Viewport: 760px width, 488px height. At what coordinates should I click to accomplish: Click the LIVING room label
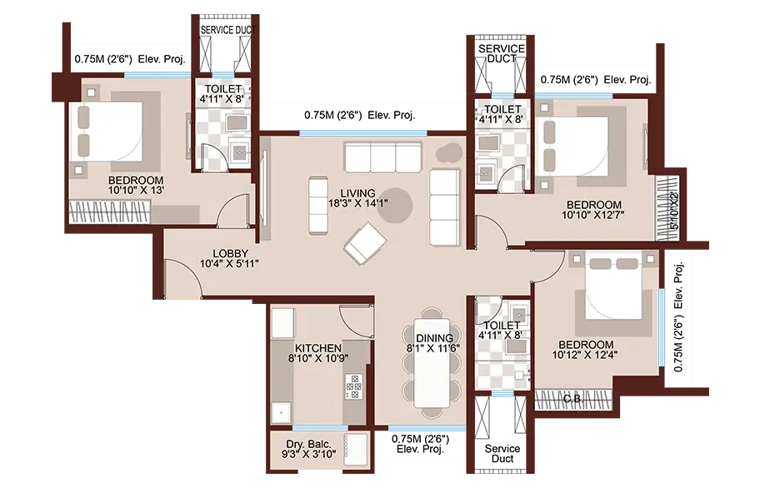coord(357,193)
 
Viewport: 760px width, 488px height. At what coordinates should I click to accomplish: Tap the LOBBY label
coord(231,253)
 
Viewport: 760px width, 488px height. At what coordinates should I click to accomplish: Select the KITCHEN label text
coord(318,348)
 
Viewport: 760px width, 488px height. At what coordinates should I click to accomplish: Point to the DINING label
coord(435,338)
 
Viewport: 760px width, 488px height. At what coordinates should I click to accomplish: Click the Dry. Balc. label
coord(308,445)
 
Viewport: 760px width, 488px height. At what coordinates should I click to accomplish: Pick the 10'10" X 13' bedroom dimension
coord(136,190)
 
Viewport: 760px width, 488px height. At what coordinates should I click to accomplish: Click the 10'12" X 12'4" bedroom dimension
coord(584,355)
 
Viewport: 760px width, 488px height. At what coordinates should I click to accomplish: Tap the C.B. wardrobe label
coord(572,400)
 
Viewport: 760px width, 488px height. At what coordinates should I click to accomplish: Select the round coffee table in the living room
coord(395,205)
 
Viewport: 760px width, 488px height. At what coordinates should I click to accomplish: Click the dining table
coord(432,363)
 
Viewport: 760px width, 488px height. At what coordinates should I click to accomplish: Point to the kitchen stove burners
coord(353,386)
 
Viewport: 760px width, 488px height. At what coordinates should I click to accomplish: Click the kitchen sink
coord(281,413)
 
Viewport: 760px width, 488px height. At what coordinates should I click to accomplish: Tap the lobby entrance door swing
coord(183,277)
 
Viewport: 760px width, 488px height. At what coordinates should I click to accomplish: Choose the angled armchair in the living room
coord(365,243)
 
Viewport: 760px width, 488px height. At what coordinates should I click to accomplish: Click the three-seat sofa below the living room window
coord(382,157)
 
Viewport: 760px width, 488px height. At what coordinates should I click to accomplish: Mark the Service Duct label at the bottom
coord(502,454)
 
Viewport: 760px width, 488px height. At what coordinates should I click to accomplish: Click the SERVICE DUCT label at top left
coord(228,30)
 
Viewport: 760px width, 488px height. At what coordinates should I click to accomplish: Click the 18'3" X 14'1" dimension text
coord(357,203)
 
